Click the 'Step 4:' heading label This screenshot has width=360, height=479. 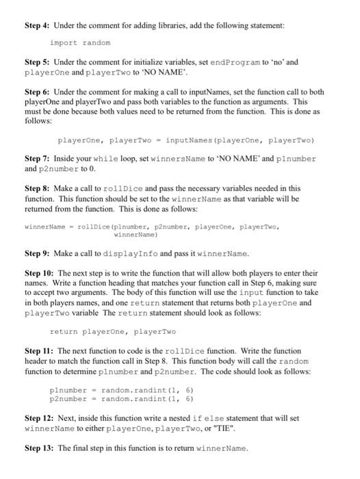pyautogui.click(x=38, y=25)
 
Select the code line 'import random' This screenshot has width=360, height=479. pyautogui.click(x=79, y=42)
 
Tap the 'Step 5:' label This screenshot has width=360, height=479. pyautogui.click(x=38, y=62)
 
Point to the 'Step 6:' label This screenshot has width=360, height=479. pyautogui.click(x=38, y=90)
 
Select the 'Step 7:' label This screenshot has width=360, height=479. pyautogui.click(x=38, y=158)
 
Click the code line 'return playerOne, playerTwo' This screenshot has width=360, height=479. pyautogui.click(x=112, y=331)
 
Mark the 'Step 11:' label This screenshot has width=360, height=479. pyautogui.click(x=40, y=350)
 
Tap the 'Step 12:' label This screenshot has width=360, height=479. pyautogui.click(x=40, y=417)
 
